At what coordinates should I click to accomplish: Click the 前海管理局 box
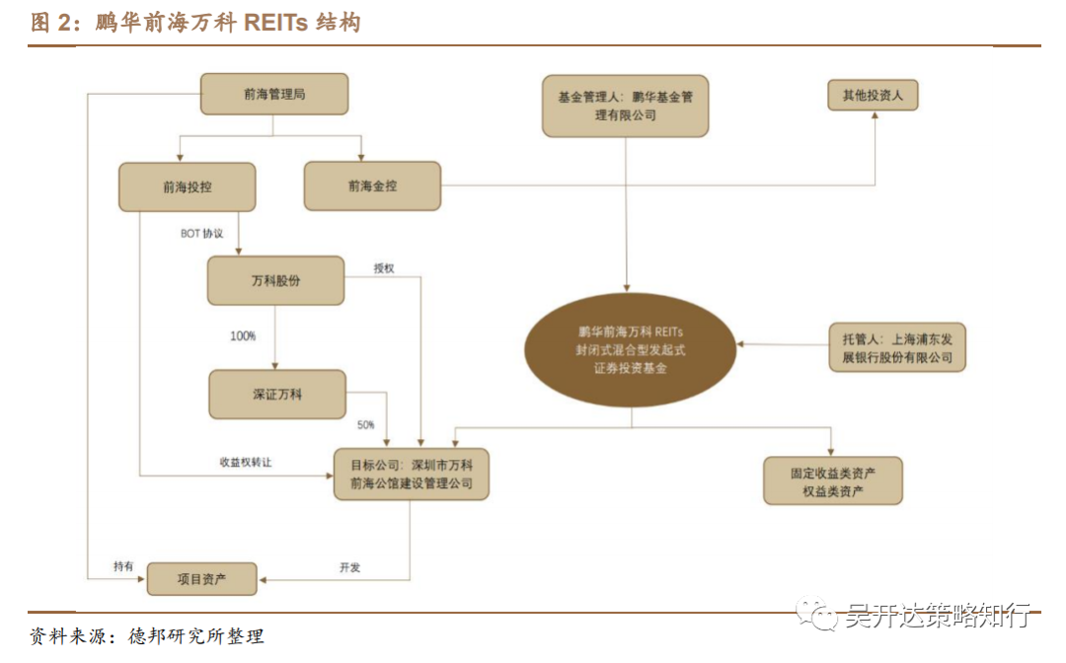(274, 95)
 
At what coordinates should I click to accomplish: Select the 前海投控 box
(188, 186)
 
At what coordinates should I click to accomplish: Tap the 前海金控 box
(372, 185)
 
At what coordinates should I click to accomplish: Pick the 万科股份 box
(275, 281)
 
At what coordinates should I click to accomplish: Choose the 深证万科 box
(277, 395)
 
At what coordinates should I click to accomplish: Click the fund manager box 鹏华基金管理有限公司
(626, 106)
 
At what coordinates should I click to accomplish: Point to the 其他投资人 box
(873, 95)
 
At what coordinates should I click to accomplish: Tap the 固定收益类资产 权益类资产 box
(832, 480)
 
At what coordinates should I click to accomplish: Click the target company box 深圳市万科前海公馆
(411, 474)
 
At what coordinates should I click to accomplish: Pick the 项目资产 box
(201, 579)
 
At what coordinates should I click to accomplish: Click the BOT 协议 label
(202, 235)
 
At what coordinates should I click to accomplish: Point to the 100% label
(243, 336)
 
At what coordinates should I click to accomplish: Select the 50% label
(365, 425)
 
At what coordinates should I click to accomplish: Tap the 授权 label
(384, 268)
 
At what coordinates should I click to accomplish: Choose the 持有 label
(123, 566)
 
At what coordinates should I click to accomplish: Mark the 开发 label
(349, 567)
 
